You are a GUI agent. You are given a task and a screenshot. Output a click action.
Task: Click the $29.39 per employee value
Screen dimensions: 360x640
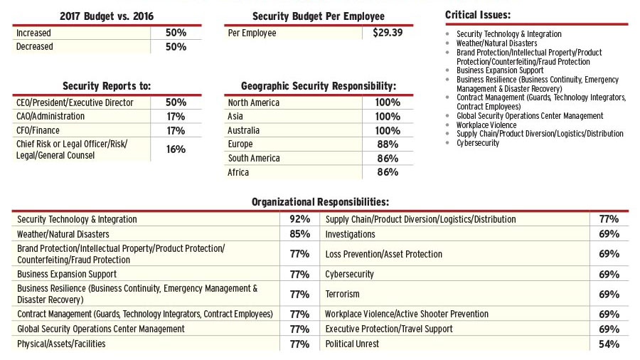point(387,33)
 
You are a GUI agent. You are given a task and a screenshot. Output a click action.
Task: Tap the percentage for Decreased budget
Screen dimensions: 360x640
point(176,47)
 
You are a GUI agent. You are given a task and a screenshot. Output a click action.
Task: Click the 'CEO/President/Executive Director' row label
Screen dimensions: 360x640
point(75,102)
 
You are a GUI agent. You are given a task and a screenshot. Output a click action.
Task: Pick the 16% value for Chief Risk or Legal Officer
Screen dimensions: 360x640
point(176,149)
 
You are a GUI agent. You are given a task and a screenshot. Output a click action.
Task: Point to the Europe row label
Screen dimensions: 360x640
point(240,144)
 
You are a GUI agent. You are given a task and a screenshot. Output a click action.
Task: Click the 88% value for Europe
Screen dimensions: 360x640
point(387,144)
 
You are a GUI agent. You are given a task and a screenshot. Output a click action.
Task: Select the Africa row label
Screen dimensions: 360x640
point(238,172)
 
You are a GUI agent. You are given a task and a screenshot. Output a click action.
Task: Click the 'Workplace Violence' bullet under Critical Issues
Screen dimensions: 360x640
point(488,125)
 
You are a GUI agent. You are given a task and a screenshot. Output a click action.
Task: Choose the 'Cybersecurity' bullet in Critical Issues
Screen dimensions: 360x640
point(478,143)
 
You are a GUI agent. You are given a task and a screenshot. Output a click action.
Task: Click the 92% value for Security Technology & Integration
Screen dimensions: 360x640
point(299,219)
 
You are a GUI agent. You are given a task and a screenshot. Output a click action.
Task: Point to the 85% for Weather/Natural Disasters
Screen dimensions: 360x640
point(299,233)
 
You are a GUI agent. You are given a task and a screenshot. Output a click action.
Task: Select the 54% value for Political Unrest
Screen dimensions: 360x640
point(609,344)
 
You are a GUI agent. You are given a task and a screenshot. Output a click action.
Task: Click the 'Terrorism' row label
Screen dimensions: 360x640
point(342,294)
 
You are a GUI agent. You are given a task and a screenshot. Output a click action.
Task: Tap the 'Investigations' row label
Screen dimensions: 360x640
point(350,233)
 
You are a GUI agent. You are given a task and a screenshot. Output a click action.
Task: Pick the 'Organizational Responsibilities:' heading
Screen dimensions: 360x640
point(320,202)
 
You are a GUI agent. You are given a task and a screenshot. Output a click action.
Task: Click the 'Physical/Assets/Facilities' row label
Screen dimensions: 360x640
point(61,344)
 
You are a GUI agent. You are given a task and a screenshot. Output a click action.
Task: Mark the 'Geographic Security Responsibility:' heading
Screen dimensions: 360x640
point(319,86)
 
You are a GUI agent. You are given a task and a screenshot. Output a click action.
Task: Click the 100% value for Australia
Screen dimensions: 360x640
point(387,130)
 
